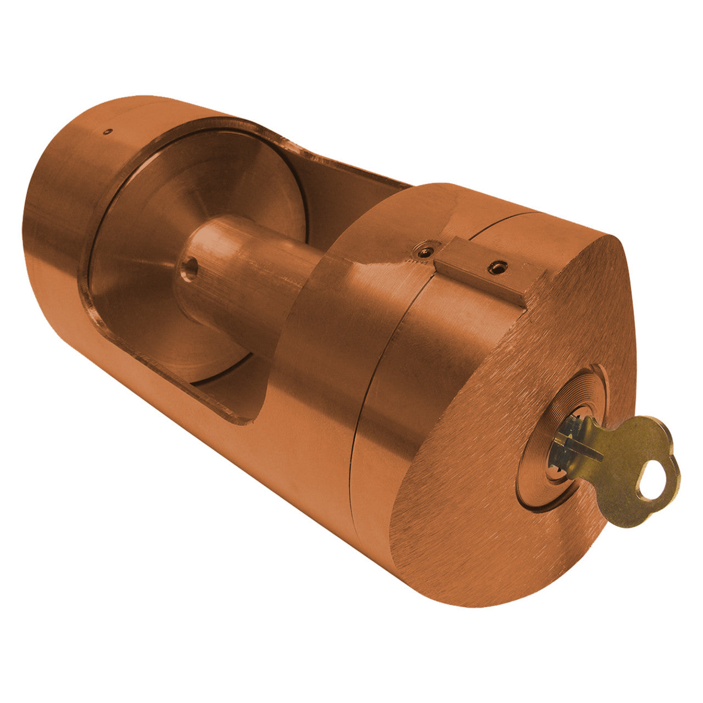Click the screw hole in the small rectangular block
tap(496, 267)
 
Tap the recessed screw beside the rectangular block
tap(424, 252)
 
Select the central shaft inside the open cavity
tap(247, 275)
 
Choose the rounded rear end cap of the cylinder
tap(60, 209)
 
